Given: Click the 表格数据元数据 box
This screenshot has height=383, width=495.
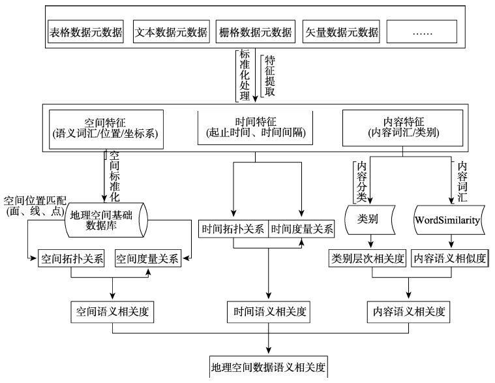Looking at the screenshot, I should pyautogui.click(x=85, y=32).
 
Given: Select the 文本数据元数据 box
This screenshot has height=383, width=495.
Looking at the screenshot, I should pyautogui.click(x=170, y=32).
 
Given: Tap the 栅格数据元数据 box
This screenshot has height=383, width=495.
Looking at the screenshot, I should pyautogui.click(x=255, y=32).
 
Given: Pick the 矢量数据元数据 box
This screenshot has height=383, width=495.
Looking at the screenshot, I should pyautogui.click(x=340, y=32).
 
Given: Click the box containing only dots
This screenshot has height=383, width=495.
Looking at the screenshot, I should pyautogui.click(x=421, y=32).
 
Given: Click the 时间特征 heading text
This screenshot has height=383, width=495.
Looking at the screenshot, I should pyautogui.click(x=254, y=121).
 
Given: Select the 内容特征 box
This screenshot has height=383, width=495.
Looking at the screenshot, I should pyautogui.click(x=402, y=128).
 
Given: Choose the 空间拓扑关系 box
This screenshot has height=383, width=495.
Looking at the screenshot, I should pyautogui.click(x=72, y=258).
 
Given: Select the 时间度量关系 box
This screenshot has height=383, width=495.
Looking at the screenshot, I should pyautogui.click(x=302, y=230).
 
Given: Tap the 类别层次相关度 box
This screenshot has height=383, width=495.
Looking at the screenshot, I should pyautogui.click(x=367, y=258).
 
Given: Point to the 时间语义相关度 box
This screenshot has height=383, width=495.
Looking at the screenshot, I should pyautogui.click(x=267, y=312).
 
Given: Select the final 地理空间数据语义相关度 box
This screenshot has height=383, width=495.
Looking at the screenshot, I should pyautogui.click(x=267, y=365).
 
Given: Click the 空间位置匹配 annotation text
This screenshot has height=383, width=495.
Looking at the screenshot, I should pyautogui.click(x=33, y=200).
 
